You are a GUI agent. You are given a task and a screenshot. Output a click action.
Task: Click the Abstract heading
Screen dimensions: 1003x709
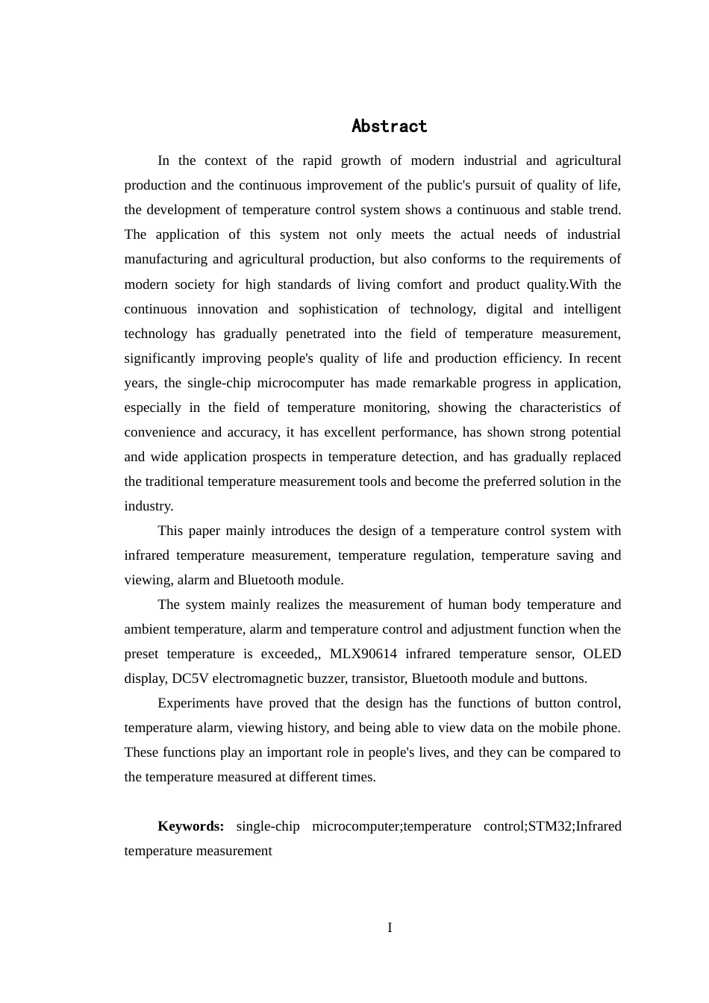389,126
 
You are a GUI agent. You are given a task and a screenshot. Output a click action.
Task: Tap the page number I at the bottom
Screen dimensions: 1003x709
390,928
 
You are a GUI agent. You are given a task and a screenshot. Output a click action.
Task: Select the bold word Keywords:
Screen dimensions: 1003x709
190,826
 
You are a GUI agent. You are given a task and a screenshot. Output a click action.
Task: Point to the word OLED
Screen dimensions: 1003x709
602,654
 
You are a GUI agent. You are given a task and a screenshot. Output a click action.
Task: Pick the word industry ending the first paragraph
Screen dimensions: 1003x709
148,506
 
